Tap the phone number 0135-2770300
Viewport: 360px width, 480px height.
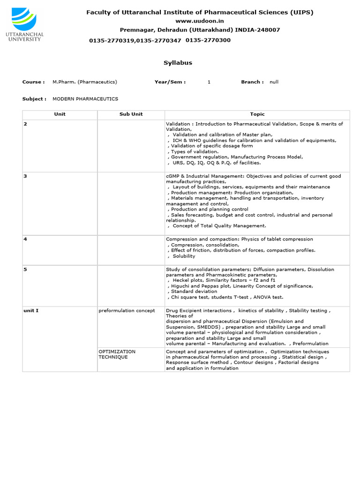(208, 40)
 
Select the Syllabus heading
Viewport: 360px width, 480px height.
(178, 63)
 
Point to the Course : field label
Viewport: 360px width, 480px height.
(33, 82)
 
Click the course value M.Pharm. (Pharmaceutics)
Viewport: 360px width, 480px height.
(85, 82)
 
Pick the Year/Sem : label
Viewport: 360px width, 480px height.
(170, 82)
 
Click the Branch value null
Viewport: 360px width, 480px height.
(274, 82)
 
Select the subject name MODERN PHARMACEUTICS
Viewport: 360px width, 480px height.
(85, 99)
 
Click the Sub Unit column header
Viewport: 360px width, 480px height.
(131, 114)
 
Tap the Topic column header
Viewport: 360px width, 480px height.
(257, 114)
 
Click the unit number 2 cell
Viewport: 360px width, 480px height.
(25, 124)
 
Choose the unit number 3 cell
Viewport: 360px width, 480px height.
(25, 176)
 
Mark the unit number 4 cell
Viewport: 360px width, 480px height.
(25, 240)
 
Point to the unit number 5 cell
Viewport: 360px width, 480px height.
(25, 270)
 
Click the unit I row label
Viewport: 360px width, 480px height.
(31, 311)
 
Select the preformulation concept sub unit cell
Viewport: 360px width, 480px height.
(127, 311)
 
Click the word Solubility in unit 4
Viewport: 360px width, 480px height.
(184, 256)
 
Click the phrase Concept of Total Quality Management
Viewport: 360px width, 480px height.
(219, 226)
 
